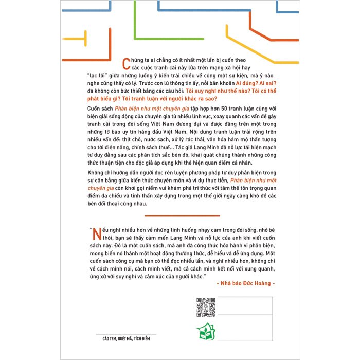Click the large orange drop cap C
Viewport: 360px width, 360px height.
click(123, 64)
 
